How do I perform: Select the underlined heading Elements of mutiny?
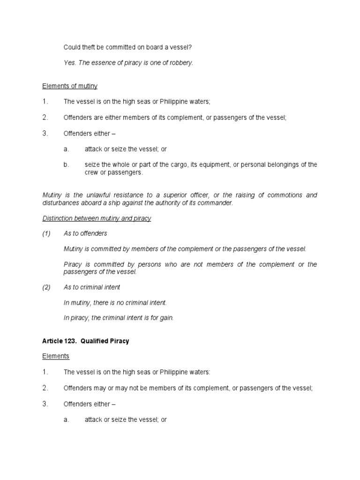click(x=70, y=86)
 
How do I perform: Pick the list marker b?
click(x=66, y=165)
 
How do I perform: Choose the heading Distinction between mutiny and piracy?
click(x=97, y=218)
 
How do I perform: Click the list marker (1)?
click(x=46, y=233)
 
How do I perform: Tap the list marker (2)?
click(x=46, y=287)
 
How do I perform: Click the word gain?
click(x=165, y=318)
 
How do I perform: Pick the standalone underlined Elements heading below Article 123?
click(x=56, y=356)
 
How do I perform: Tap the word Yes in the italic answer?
click(x=69, y=62)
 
